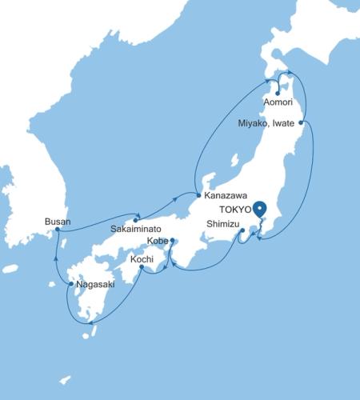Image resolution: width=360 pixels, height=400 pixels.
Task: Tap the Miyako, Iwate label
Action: point(267,123)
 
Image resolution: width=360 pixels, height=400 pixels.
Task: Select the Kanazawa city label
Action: point(226,195)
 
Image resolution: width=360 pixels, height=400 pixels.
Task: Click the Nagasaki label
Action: point(96,283)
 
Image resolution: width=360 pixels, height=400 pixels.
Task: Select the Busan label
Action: point(58,221)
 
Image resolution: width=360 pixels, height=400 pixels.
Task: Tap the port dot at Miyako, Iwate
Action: point(300,122)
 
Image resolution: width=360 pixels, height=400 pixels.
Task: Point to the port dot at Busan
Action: point(58,230)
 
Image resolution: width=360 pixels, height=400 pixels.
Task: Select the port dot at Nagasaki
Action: point(71,283)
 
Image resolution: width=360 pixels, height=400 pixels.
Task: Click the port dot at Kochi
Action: point(142,267)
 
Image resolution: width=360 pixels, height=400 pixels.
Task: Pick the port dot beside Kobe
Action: point(172,240)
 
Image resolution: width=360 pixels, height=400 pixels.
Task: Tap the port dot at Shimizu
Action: point(242,231)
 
